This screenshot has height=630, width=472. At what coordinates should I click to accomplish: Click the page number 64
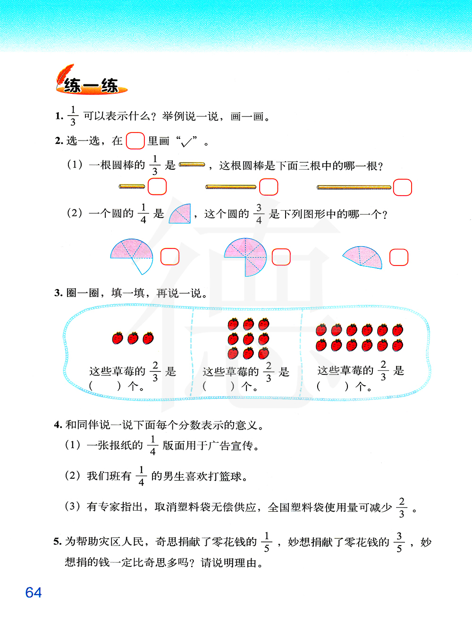pos(34,592)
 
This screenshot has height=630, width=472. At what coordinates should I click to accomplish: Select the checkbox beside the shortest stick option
pos(157,187)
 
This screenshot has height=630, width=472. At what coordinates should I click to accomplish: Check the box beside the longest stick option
pos(402,187)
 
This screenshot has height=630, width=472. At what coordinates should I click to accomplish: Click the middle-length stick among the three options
pos(231,187)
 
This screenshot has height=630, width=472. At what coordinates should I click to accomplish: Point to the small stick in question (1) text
pos(192,165)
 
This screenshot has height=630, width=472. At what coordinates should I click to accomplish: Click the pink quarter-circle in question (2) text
pos(180,214)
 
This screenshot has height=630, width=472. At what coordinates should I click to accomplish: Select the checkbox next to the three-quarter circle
pos(281,257)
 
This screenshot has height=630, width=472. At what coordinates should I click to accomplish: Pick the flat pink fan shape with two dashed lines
pos(362,257)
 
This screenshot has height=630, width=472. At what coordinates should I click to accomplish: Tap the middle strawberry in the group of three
pos(133,338)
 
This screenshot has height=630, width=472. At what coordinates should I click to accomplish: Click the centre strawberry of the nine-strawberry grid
pos(248,339)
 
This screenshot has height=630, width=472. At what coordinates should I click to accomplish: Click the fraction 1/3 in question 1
pos(73,116)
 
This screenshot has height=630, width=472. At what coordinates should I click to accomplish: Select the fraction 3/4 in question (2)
pos(259,214)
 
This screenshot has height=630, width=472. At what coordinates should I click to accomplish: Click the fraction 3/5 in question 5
pos(399,542)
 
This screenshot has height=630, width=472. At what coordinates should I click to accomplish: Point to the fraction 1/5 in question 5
pos(267,542)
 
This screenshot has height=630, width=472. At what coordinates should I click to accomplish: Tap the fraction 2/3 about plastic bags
pos(402,508)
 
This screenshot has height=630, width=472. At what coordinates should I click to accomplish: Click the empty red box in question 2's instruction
pos(135,141)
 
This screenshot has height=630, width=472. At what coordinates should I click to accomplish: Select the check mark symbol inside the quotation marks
pos(187,142)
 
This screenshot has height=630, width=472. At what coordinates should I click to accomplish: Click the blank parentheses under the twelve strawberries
pos(333,387)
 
